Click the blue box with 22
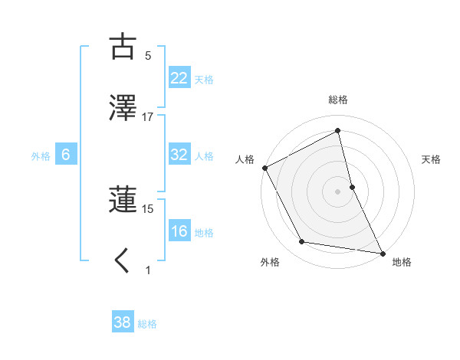point(179,78)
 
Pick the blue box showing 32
point(179,155)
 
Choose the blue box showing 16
point(179,231)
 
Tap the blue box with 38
point(123,322)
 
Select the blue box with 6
point(66,155)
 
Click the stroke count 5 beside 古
point(148,56)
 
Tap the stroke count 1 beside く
point(148,270)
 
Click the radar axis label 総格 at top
point(338,100)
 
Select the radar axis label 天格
point(432,159)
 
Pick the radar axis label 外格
point(270,262)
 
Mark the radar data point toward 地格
point(383,252)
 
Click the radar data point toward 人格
point(264,168)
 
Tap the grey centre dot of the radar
point(338,191)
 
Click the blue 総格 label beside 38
point(147,323)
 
